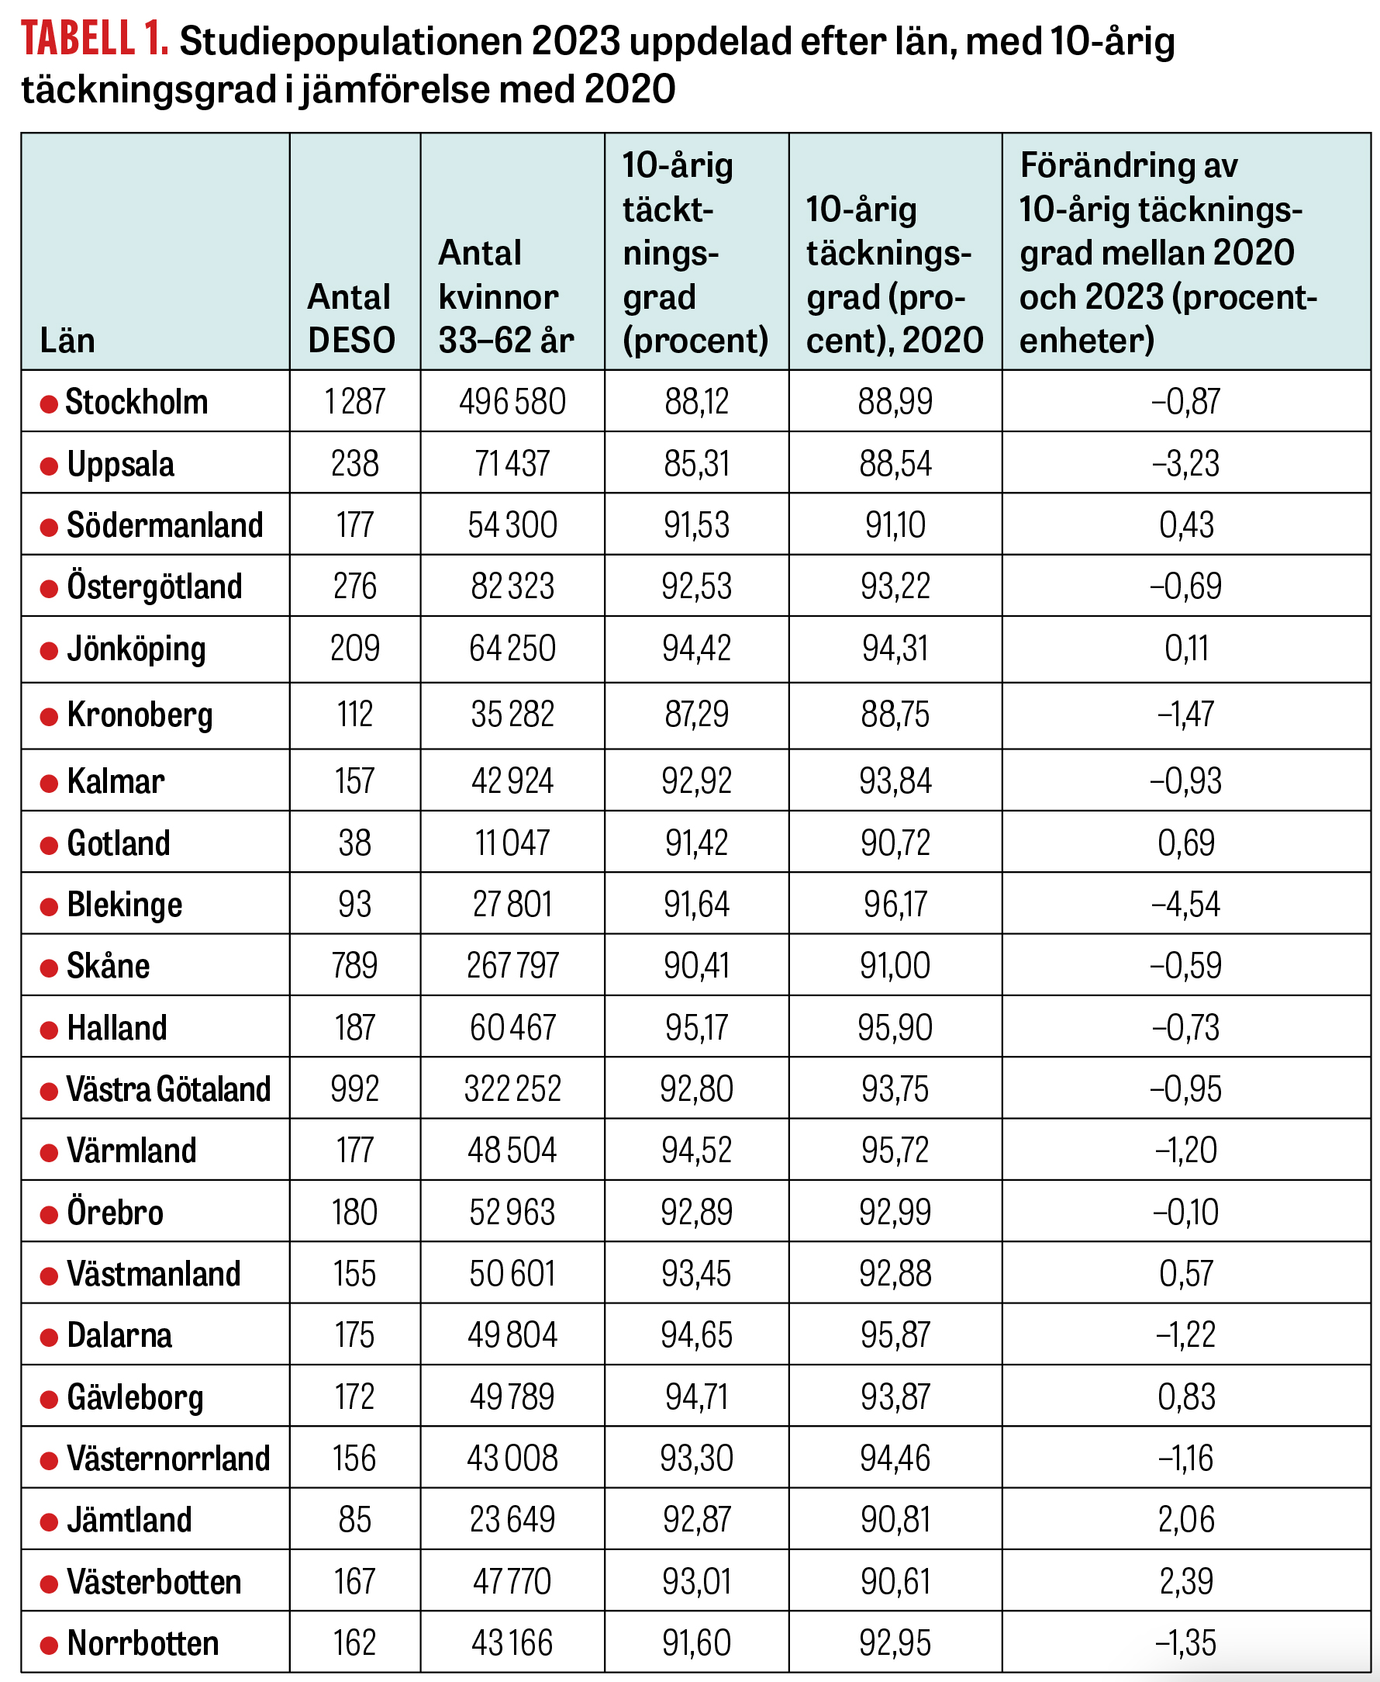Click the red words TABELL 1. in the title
[94, 40]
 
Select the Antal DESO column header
[350, 318]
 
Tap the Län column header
[67, 341]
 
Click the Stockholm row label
[136, 403]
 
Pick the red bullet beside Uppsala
[50, 465]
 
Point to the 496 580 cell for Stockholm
[512, 402]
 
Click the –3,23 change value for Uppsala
[1185, 464]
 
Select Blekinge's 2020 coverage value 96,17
[895, 904]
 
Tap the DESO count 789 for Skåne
[354, 965]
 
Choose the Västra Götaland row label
[167, 1089]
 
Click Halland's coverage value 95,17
[696, 1027]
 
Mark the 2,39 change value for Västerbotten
[1186, 1582]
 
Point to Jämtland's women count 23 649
[512, 1520]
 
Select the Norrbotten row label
[143, 1644]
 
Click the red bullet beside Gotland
[50, 845]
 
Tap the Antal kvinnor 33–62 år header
[505, 296]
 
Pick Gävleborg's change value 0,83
[1186, 1397]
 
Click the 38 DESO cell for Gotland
[354, 843]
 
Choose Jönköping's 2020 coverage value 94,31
[895, 649]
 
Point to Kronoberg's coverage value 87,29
[696, 715]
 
